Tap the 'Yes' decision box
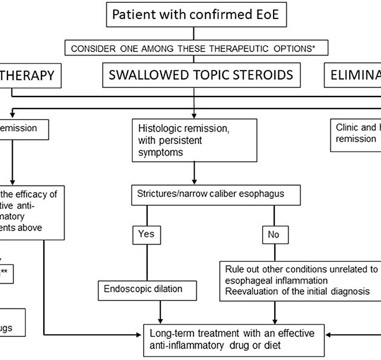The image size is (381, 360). [146, 235]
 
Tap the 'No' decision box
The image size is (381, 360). [274, 235]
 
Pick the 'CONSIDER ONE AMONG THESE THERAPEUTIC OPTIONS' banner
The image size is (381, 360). [195, 49]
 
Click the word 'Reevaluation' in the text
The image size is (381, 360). [249, 291]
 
